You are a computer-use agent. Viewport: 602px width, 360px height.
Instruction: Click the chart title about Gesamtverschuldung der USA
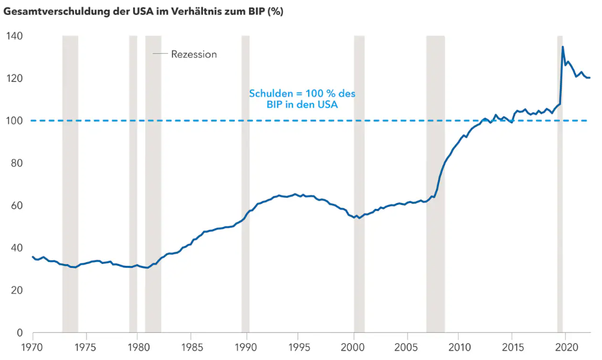(143, 12)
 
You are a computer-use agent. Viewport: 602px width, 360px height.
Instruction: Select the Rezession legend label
(193, 54)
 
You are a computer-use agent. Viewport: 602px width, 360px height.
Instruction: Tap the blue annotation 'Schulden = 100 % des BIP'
(302, 99)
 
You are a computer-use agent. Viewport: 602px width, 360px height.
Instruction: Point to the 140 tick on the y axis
(14, 36)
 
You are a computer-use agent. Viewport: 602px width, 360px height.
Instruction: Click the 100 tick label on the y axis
(14, 121)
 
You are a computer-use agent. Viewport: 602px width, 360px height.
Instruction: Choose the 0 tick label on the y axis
(19, 333)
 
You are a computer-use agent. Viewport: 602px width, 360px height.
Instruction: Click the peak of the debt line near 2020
(562, 47)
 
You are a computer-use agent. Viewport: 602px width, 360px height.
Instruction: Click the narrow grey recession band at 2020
(560, 195)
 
